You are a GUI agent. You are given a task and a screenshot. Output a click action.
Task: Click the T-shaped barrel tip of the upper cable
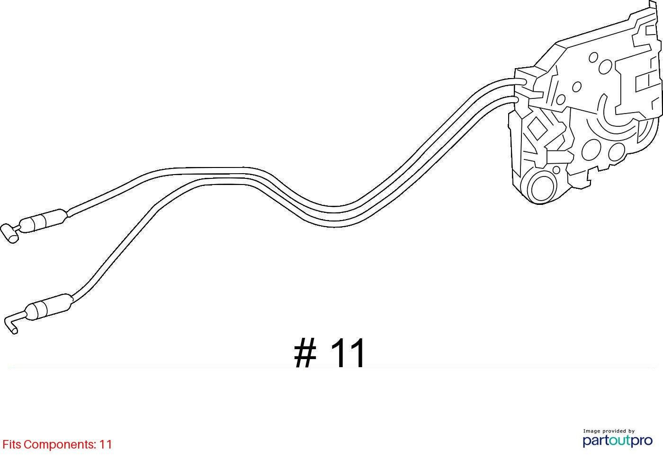click(x=9, y=233)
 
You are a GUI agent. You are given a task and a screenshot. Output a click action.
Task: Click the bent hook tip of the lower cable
click(x=11, y=324)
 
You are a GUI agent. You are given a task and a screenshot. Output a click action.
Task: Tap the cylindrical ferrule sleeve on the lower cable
click(x=49, y=307)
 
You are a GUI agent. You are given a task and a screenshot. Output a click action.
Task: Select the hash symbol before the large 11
click(x=305, y=353)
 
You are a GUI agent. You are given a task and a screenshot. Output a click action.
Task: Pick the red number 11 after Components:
click(x=106, y=444)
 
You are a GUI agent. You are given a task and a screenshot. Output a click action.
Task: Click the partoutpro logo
click(x=618, y=441)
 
